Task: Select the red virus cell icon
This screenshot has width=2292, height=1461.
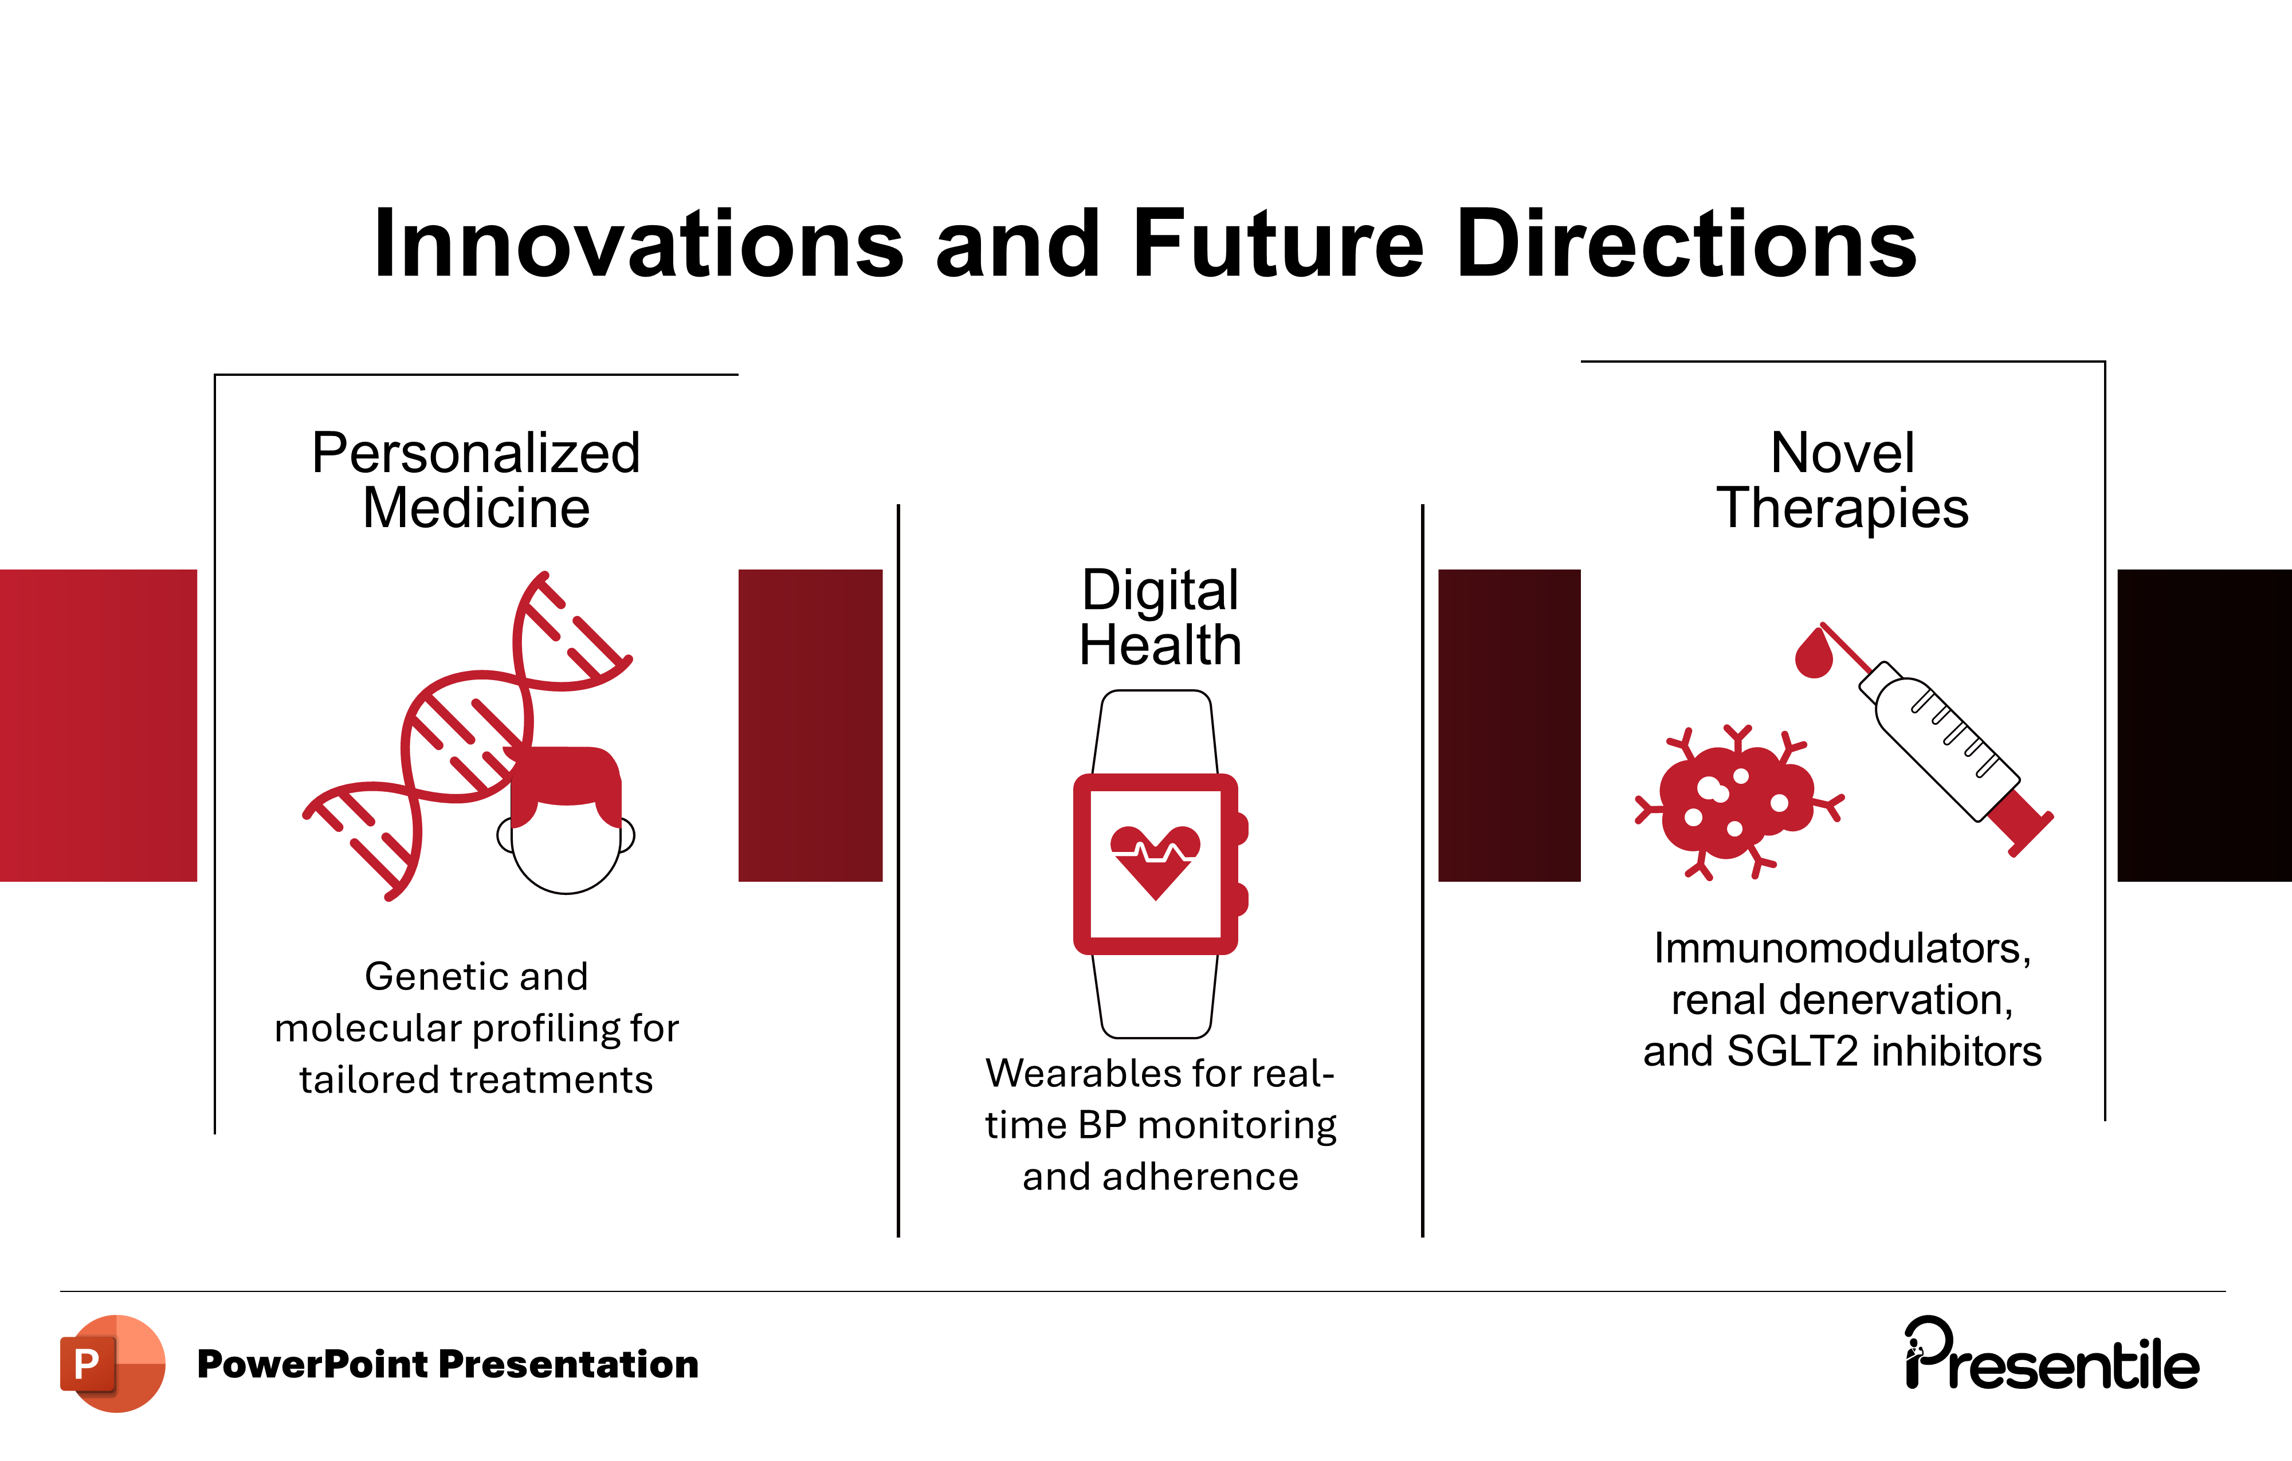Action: pyautogui.click(x=1738, y=802)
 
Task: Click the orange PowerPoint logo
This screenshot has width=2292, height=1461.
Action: pyautogui.click(x=112, y=1364)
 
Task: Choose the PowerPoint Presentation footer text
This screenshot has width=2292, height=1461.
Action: pyautogui.click(x=448, y=1364)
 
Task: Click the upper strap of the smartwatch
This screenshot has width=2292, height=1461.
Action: pyautogui.click(x=1156, y=732)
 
